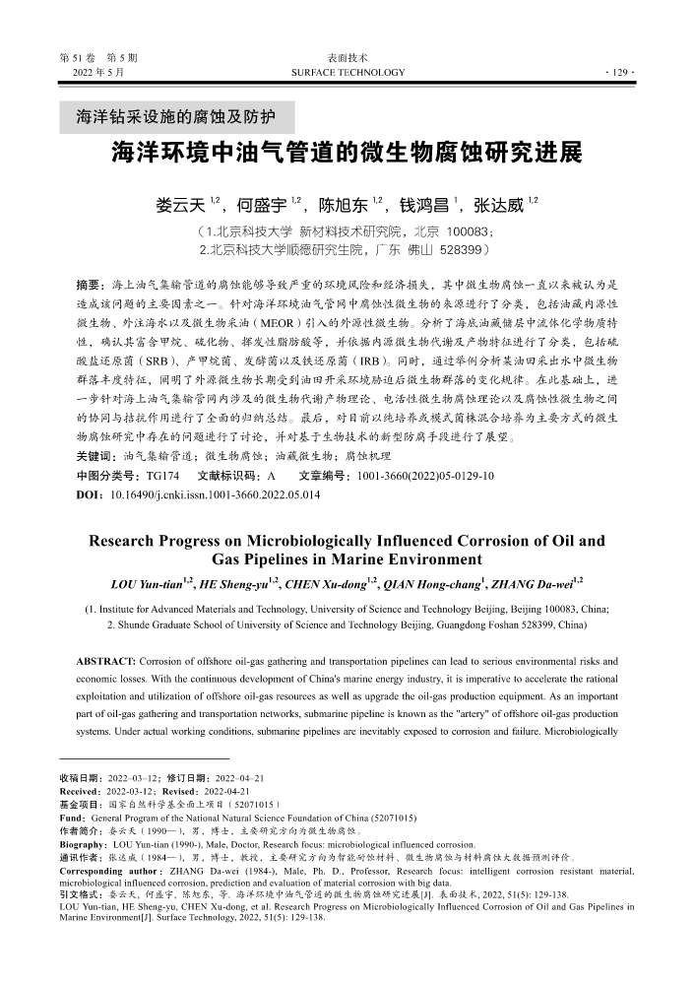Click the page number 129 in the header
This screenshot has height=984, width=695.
[x=624, y=73]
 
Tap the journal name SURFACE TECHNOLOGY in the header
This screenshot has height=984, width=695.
[x=347, y=73]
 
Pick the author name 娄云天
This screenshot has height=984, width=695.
[x=180, y=206]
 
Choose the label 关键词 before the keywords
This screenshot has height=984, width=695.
[x=95, y=457]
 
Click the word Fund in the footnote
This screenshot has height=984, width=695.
[x=72, y=818]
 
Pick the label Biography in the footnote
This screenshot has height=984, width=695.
[x=84, y=844]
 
